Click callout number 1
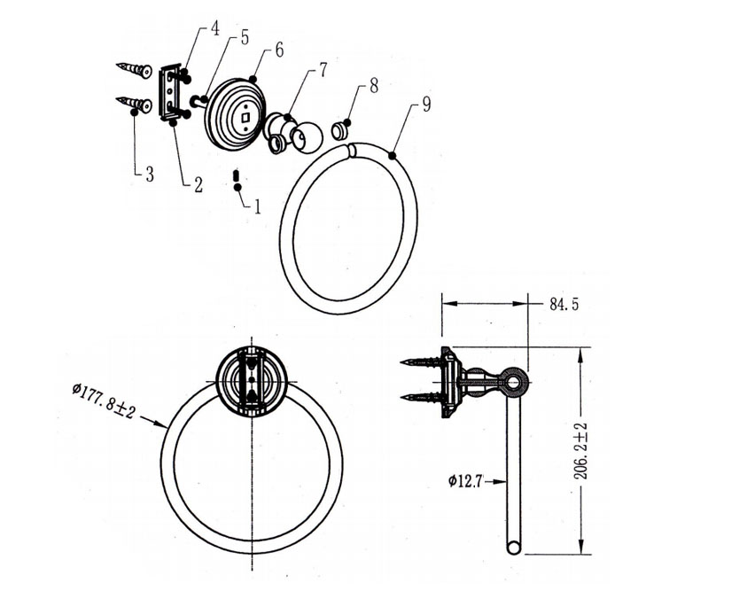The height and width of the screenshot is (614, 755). pyautogui.click(x=258, y=207)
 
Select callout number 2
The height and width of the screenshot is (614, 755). pyautogui.click(x=198, y=184)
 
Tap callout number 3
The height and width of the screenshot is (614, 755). pyautogui.click(x=150, y=174)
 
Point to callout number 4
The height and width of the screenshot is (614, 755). pyautogui.click(x=214, y=28)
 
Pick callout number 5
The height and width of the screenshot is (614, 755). pyautogui.click(x=245, y=37)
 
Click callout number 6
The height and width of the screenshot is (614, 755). pyautogui.click(x=279, y=50)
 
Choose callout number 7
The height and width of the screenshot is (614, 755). pyautogui.click(x=323, y=69)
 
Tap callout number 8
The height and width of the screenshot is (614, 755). pyautogui.click(x=374, y=86)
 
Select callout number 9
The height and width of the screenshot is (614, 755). pyautogui.click(x=426, y=105)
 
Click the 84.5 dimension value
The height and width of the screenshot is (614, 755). pyautogui.click(x=564, y=304)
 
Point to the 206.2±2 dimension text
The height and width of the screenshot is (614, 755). pyautogui.click(x=581, y=451)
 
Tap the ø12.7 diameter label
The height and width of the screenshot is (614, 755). pyautogui.click(x=464, y=481)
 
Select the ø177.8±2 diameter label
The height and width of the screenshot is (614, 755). pyautogui.click(x=105, y=400)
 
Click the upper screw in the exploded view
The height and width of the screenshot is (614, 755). pyautogui.click(x=135, y=69)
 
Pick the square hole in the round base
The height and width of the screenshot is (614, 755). pyautogui.click(x=246, y=117)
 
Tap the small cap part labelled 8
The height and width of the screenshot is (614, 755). pyautogui.click(x=340, y=130)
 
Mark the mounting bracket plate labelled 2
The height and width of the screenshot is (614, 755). pyautogui.click(x=169, y=92)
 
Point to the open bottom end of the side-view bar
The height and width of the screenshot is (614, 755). pyautogui.click(x=514, y=548)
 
